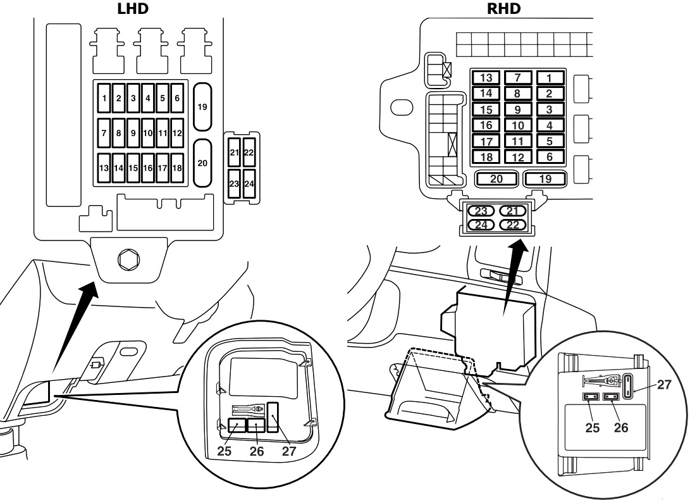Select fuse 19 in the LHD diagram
(202, 107)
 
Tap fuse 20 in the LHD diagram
(202, 163)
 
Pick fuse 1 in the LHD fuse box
(104, 98)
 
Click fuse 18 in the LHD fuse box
(178, 168)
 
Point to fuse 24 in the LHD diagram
(249, 184)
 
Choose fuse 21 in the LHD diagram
(233, 153)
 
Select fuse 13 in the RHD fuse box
(486, 78)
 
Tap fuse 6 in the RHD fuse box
(550, 156)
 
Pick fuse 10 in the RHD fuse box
(518, 125)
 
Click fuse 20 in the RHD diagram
(496, 179)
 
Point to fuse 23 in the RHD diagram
(483, 211)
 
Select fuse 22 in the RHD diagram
(514, 223)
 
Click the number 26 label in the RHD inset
(621, 427)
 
